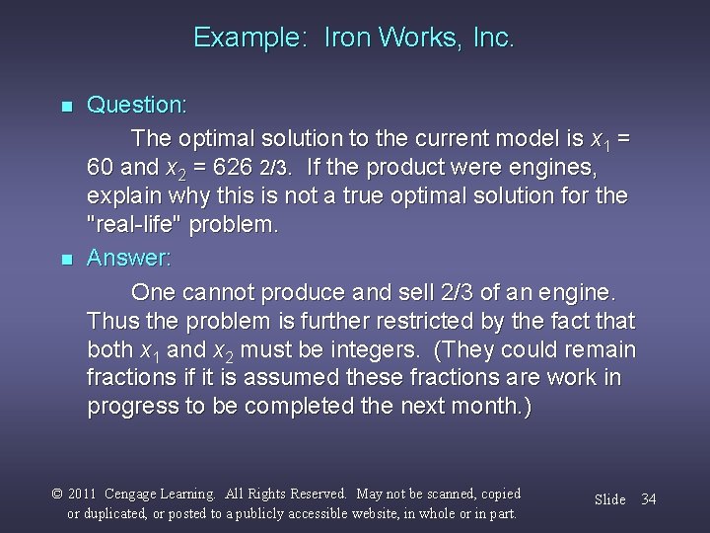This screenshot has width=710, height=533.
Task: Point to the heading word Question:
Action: click(x=137, y=104)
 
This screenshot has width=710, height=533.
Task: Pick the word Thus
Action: click(x=111, y=322)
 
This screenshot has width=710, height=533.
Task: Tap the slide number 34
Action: click(x=648, y=499)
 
